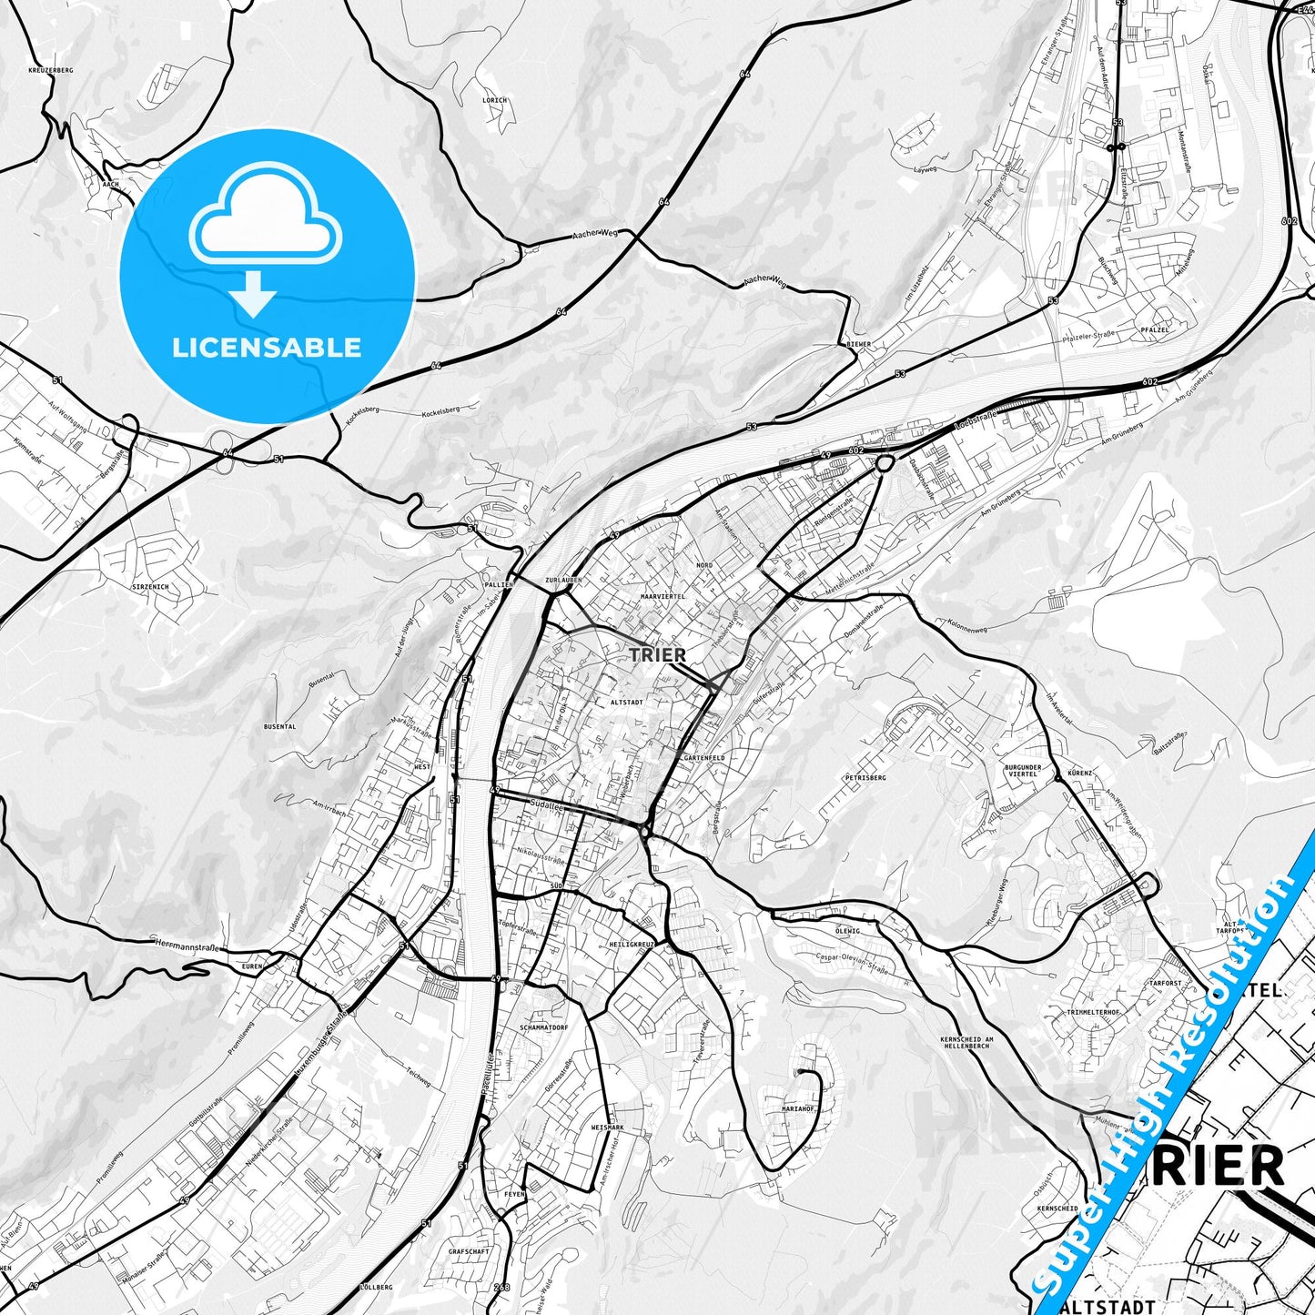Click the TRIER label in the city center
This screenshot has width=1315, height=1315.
657,654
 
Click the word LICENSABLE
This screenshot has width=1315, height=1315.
267,348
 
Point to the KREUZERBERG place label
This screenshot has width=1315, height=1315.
50,70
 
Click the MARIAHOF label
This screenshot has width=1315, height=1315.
797,1109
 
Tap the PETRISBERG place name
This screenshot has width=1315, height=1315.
865,778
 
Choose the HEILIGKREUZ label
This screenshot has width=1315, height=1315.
632,945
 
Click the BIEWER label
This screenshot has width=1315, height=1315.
858,345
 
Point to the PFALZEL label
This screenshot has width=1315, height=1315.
1154,329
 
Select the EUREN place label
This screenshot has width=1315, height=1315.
252,966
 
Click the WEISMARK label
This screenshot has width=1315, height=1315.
607,1128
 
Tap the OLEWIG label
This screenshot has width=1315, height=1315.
847,931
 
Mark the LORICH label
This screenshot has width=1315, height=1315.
495,100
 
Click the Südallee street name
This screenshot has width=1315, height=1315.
547,806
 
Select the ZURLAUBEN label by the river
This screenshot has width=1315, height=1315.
562,580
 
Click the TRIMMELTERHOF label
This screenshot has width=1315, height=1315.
1094,1012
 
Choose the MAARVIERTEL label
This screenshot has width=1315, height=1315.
663,596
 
